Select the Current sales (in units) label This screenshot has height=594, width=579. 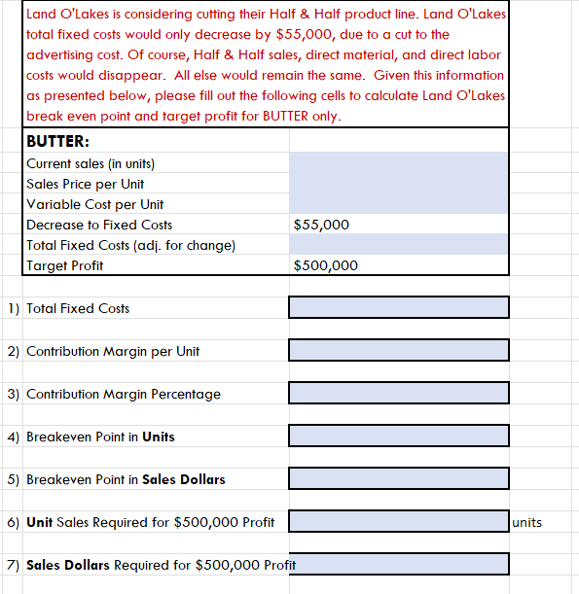coord(90,163)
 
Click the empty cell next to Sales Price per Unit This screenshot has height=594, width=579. coord(398,184)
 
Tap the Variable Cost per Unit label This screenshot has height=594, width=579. coord(95,204)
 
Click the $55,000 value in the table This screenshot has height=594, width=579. coord(321,225)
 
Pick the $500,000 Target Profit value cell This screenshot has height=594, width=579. coord(325,265)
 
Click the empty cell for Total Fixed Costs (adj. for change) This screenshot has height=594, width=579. coord(398,245)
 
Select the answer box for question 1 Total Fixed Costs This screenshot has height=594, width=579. coord(398,307)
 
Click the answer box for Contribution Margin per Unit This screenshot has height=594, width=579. coord(398,350)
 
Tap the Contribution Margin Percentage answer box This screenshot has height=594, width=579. coord(398,393)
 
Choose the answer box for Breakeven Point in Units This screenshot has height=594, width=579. coord(398,436)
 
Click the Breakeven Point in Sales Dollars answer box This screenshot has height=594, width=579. coord(398,478)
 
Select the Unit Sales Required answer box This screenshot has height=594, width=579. coord(398,521)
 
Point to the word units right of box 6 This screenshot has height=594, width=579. coord(526,522)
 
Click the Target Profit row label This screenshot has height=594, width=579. coord(64,265)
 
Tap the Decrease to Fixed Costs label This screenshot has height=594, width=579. coord(99,225)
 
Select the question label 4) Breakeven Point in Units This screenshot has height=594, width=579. coord(91,437)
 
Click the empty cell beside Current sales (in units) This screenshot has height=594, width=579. coord(398,163)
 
